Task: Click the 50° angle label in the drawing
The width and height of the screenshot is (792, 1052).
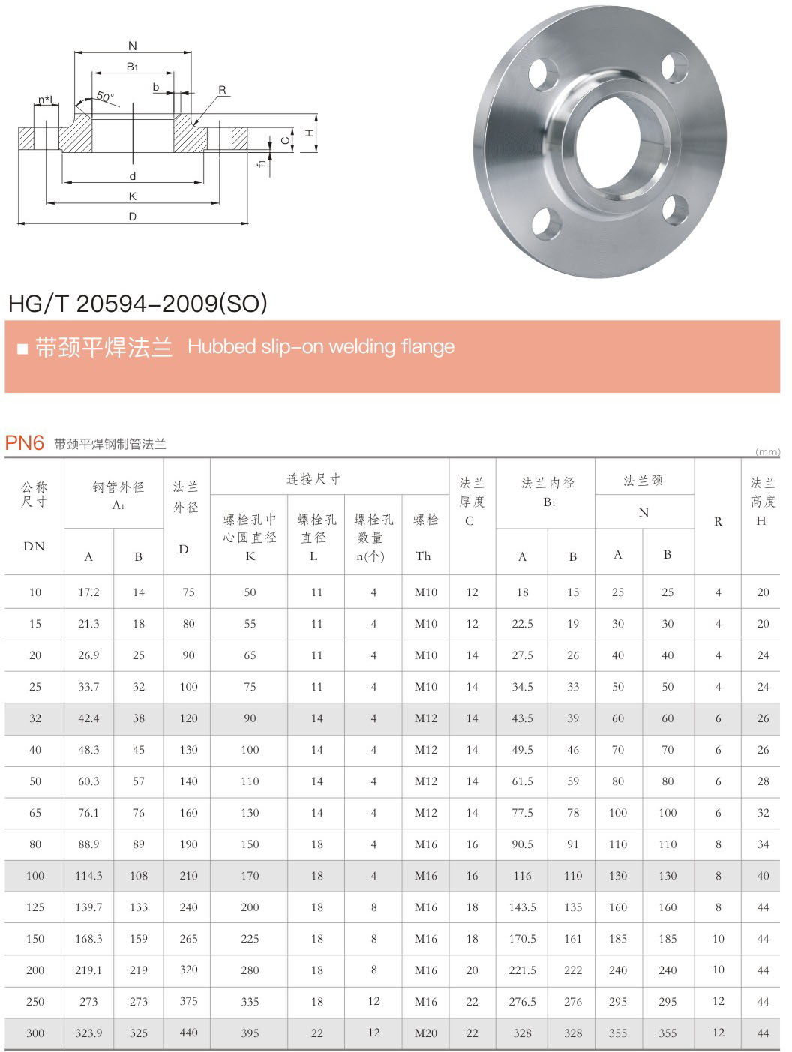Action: point(105,97)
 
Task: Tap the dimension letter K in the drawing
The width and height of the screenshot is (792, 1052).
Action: point(133,196)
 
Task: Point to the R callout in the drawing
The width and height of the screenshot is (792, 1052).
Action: point(222,90)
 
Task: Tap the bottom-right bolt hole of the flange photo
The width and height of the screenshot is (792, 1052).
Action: point(676,209)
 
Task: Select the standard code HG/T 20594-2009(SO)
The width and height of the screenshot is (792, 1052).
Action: point(138,303)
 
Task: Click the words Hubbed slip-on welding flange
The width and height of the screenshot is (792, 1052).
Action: point(321,346)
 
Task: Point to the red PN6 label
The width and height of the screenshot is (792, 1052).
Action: point(25,443)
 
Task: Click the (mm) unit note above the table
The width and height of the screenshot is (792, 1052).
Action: point(766,451)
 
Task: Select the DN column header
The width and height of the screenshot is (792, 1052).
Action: point(34,546)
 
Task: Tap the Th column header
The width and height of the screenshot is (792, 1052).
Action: point(423,556)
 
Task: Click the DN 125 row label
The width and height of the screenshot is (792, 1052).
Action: point(35,907)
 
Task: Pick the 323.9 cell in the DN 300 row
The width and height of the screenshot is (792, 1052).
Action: point(88,1033)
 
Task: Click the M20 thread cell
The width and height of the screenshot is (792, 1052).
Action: point(425,1033)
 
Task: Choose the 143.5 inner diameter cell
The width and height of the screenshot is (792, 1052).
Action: point(522,907)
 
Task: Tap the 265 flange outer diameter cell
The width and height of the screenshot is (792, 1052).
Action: point(188,939)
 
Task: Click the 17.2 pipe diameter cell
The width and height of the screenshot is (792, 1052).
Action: point(88,592)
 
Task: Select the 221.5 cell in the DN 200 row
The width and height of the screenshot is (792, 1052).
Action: point(522,970)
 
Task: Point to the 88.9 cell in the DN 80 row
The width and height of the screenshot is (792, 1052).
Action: point(88,844)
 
